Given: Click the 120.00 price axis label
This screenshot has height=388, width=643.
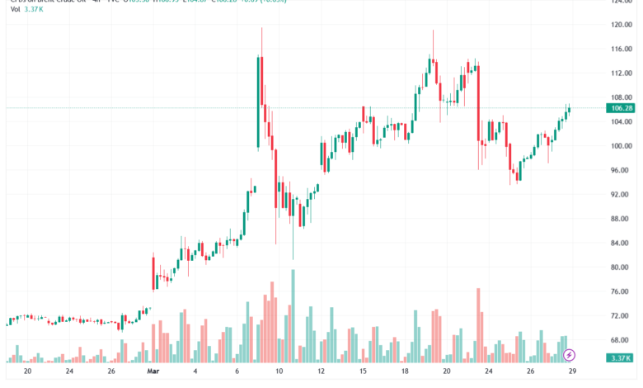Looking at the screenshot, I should (622, 25).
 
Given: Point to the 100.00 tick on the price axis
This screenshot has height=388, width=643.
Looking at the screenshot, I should (622, 146).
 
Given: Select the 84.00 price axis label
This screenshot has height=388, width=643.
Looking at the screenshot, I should (622, 243).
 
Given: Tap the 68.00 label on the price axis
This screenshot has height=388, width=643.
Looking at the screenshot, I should (622, 339).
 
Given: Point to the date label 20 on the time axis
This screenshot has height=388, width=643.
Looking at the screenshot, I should (28, 371).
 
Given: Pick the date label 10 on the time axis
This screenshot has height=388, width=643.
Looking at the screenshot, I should (279, 371).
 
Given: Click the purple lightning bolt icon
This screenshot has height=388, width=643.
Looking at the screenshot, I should (569, 355).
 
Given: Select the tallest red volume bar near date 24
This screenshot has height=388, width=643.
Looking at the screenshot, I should (478, 325).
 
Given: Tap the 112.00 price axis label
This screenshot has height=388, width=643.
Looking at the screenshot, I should (622, 73).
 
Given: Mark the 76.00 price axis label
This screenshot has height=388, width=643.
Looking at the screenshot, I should (622, 291).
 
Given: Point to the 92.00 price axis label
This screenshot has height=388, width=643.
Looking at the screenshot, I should (622, 195).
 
